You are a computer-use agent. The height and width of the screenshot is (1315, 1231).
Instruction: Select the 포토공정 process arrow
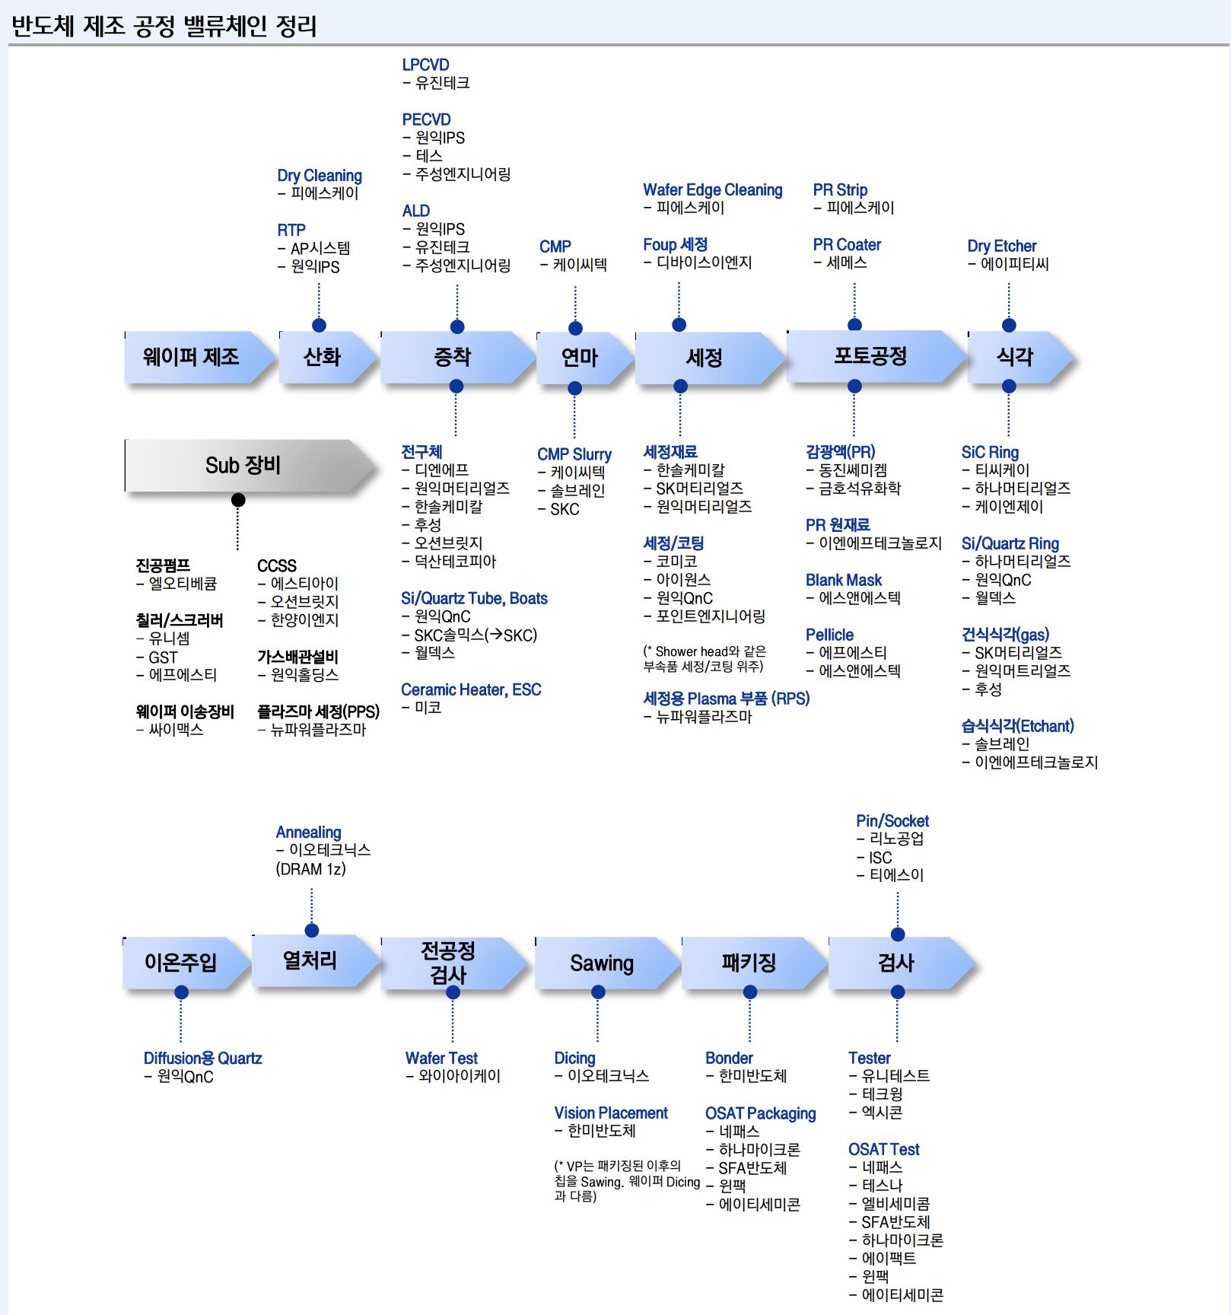click(871, 356)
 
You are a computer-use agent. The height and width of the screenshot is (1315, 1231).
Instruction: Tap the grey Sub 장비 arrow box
click(243, 465)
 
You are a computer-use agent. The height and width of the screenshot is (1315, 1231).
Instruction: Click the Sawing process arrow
click(602, 963)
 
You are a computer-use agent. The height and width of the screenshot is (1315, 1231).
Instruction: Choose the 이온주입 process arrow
click(181, 963)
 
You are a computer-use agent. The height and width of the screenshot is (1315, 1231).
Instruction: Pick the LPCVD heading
click(425, 65)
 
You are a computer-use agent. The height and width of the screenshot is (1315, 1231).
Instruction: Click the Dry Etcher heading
click(1001, 247)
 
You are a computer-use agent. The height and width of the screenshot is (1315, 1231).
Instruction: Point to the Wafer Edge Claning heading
click(712, 190)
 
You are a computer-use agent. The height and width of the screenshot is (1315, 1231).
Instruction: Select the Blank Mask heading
click(843, 581)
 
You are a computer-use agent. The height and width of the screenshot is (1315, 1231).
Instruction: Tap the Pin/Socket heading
click(892, 821)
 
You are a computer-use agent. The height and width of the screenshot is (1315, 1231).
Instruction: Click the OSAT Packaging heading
click(760, 1114)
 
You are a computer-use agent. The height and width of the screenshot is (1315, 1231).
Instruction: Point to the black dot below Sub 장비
click(238, 500)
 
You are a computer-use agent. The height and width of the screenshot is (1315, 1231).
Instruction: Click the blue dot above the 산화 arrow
click(320, 326)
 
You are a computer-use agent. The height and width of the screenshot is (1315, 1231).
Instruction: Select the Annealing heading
click(308, 833)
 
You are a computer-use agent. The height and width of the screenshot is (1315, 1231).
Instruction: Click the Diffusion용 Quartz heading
click(202, 1059)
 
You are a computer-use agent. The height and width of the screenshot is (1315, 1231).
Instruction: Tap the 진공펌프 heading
click(163, 565)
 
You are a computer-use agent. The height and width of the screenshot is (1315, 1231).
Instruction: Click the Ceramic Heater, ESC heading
click(471, 690)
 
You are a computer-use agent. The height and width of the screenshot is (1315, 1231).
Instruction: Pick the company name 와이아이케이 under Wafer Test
click(460, 1077)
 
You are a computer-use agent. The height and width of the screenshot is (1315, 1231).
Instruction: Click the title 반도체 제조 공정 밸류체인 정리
click(164, 27)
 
